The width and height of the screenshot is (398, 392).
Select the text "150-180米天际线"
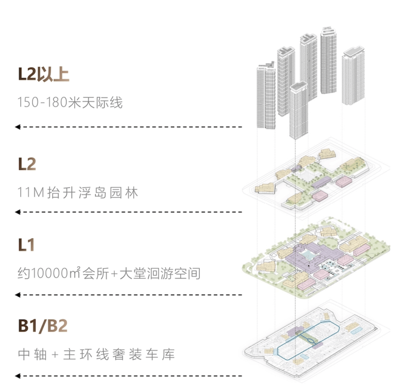click(70, 102)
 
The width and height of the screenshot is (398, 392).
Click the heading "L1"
click(26, 245)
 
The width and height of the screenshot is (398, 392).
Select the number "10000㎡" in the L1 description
click(53, 274)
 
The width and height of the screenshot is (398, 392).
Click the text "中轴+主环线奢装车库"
click(96, 355)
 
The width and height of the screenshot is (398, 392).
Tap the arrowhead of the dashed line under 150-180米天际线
click(18, 127)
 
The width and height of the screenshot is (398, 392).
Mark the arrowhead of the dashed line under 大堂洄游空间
click(18, 294)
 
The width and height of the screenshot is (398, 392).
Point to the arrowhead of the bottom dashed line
click(18, 375)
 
